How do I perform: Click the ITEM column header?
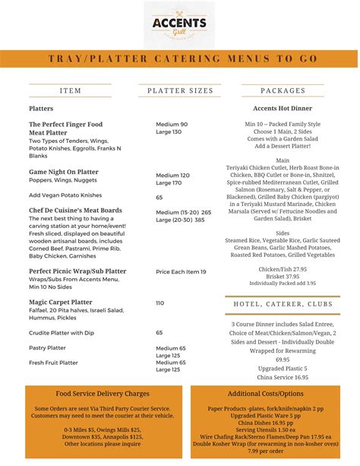tap(71, 90)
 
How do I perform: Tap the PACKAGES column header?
tap(283, 90)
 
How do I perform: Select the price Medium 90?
tap(172, 124)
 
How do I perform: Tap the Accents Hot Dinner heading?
tap(283, 109)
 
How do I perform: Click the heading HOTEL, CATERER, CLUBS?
tap(283, 304)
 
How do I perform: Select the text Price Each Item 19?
tap(181, 271)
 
